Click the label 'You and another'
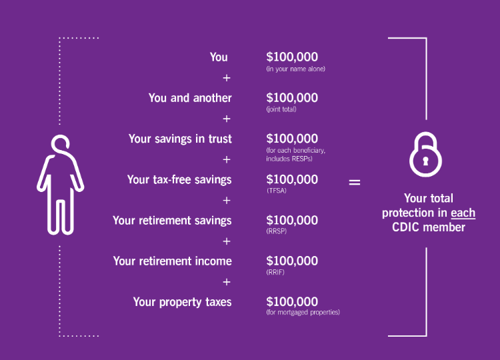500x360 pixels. click(x=190, y=98)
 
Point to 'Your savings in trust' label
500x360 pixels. click(x=180, y=139)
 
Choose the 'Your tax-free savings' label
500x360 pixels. click(x=179, y=179)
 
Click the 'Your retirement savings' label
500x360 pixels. click(x=172, y=220)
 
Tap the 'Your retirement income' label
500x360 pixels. click(x=172, y=261)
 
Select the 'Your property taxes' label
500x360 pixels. click(x=182, y=302)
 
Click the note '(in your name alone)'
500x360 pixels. click(x=295, y=69)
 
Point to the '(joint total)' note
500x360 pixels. click(x=281, y=109)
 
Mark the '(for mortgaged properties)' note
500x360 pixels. click(x=303, y=313)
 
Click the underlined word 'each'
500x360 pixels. click(x=463, y=213)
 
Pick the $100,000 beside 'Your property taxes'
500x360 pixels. click(x=292, y=301)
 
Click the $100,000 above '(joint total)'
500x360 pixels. click(x=292, y=98)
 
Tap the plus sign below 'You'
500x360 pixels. click(x=227, y=77)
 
